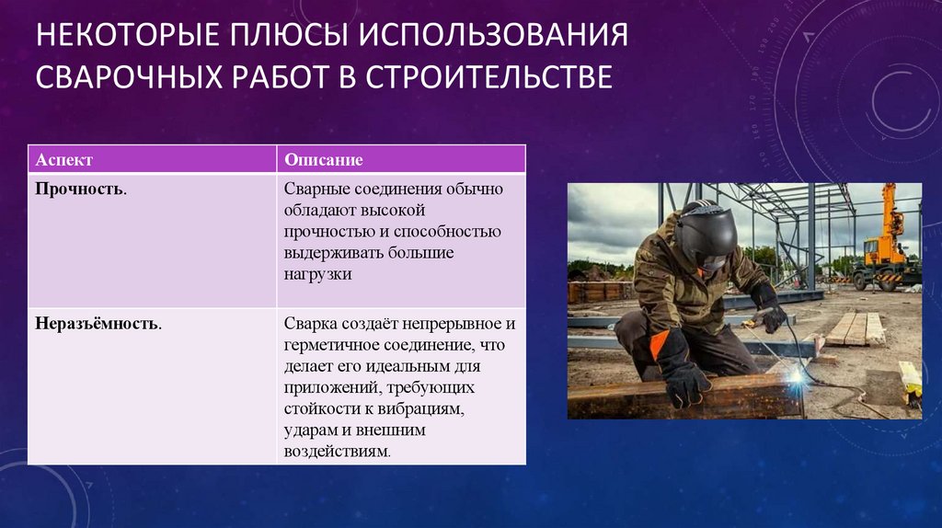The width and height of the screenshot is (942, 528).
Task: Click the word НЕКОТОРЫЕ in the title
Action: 127,34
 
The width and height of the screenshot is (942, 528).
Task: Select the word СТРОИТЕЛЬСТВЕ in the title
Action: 489,77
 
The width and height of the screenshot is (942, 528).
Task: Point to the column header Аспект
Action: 64,160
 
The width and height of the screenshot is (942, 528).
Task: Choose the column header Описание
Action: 324,160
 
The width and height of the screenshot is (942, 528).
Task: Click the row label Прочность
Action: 81,189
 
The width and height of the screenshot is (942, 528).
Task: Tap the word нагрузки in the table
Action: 317,274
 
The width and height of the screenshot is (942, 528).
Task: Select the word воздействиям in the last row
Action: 337,451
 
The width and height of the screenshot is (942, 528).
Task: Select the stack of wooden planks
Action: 856,329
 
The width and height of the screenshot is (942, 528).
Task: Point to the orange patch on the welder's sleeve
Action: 659,344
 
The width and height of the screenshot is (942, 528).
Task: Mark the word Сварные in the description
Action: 316,189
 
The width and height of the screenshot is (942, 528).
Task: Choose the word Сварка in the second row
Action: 311,325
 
